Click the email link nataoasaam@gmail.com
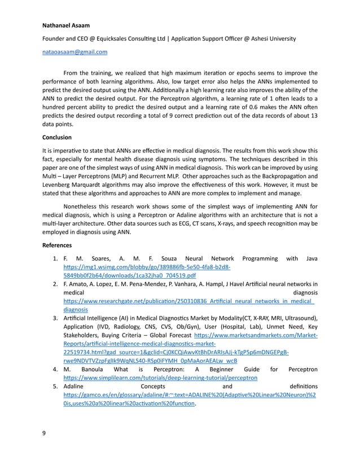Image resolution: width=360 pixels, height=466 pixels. click(x=74, y=52)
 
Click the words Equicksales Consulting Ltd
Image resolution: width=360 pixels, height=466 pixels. click(x=125, y=38)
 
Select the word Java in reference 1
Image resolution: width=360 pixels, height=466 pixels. click(x=311, y=258)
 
